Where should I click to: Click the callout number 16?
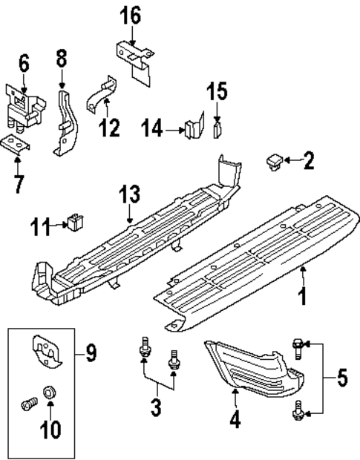click(131, 14)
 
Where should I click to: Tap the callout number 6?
click(24, 65)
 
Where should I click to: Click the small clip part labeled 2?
click(275, 160)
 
